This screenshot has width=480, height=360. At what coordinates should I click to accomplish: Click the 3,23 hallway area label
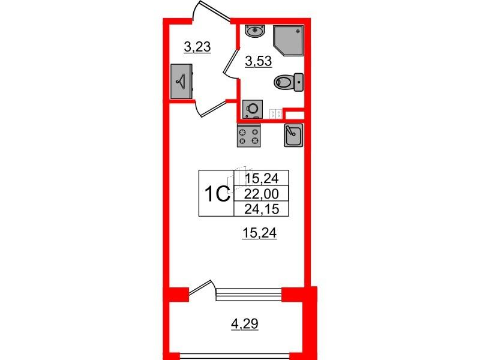tap(197, 47)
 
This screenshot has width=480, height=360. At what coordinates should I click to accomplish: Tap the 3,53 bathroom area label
tap(259, 61)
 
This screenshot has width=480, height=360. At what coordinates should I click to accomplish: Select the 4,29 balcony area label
tap(245, 323)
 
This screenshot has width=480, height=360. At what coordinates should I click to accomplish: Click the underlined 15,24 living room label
tap(259, 233)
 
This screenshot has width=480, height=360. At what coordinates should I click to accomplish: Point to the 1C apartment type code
tap(217, 194)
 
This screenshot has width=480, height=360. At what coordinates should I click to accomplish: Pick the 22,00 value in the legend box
tap(262, 194)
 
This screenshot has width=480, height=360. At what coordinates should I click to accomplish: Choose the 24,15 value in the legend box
tap(262, 209)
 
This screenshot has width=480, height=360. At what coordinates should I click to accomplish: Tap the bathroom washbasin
tap(254, 32)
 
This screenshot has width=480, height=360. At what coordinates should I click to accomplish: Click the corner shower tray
tap(289, 41)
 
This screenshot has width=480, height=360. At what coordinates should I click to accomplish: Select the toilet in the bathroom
tap(289, 82)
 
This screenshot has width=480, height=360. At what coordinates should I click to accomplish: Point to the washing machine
tap(253, 109)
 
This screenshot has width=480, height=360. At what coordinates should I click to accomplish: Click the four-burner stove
tap(249, 136)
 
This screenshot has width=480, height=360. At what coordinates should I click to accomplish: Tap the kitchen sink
tap(293, 135)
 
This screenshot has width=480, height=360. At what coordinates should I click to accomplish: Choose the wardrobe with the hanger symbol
tap(181, 81)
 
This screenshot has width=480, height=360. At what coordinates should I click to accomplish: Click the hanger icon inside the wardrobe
tap(181, 81)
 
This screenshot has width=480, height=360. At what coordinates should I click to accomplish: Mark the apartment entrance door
tap(211, 11)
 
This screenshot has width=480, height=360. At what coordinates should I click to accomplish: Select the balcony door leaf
tap(200, 288)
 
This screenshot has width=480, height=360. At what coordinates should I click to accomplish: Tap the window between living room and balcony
tap(249, 294)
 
